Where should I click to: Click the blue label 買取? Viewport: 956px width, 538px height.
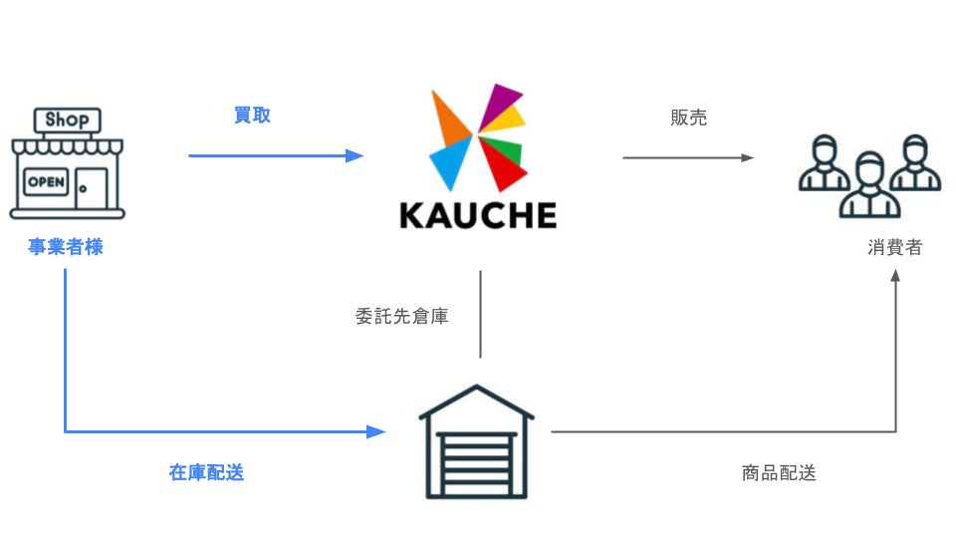[252, 116]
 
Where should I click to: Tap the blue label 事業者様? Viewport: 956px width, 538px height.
[66, 247]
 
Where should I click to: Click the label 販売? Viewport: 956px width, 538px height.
[688, 118]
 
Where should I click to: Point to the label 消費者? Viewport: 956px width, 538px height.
[894, 247]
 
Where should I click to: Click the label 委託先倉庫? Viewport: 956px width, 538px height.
[401, 318]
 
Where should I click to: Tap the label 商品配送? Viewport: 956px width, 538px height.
[779, 473]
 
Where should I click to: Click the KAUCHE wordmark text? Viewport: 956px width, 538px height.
[477, 215]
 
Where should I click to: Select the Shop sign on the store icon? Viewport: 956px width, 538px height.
[67, 121]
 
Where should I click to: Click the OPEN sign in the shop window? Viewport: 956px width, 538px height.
[46, 182]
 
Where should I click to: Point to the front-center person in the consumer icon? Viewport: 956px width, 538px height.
[869, 187]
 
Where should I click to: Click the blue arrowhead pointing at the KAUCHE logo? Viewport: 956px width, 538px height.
[355, 155]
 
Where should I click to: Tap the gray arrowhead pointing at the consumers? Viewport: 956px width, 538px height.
[747, 157]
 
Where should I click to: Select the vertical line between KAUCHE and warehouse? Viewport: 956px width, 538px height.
[481, 314]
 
